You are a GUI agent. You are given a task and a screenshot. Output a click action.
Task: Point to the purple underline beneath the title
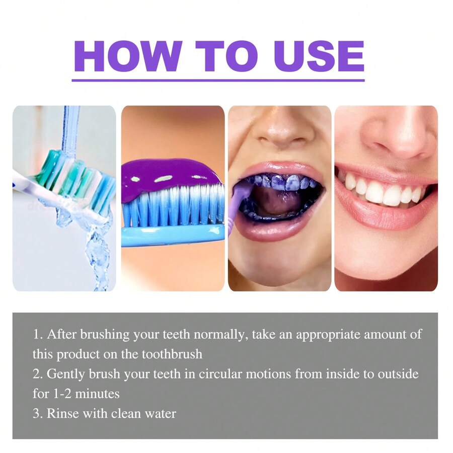(x=218, y=80)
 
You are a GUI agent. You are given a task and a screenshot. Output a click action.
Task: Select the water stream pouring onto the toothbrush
(x=70, y=131)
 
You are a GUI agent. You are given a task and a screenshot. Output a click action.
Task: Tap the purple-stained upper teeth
(x=282, y=182)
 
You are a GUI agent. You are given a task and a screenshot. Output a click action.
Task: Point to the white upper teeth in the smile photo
(x=383, y=192)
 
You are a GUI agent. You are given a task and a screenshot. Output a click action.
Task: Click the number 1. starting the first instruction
(x=38, y=334)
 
